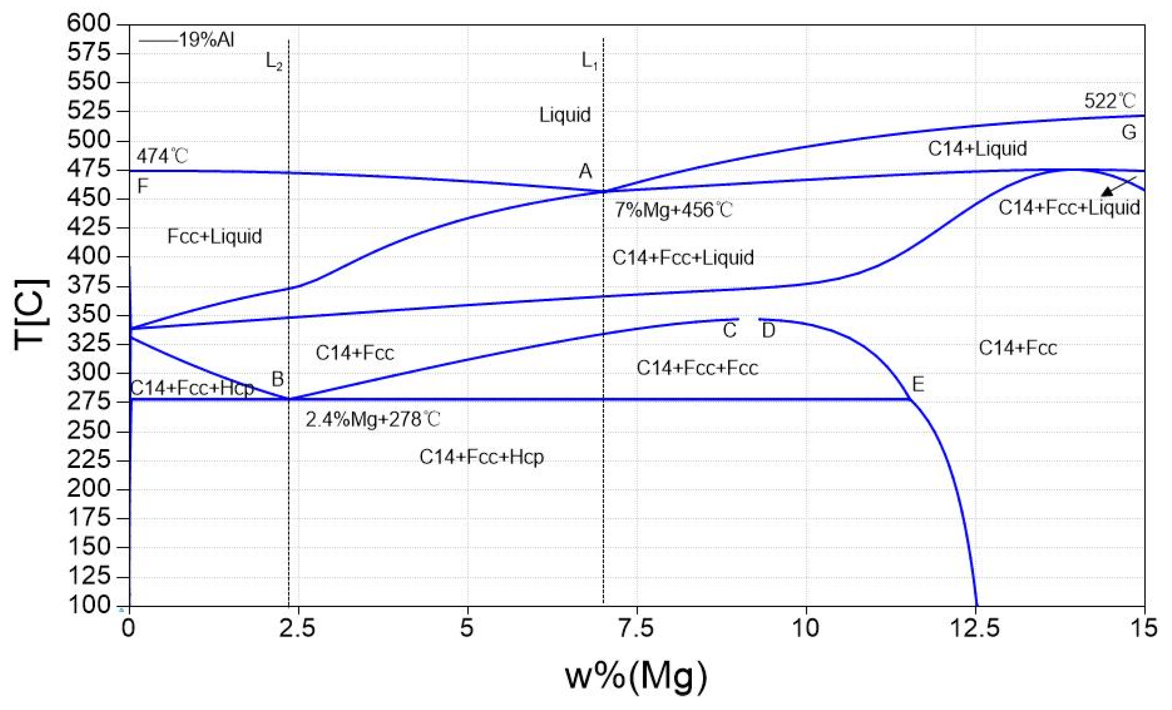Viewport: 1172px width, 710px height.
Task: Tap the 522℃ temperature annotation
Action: click(1109, 101)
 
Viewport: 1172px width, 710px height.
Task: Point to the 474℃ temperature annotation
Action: click(162, 156)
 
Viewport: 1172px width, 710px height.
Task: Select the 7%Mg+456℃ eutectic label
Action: click(673, 210)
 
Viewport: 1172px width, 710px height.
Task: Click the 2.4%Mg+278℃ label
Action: click(373, 420)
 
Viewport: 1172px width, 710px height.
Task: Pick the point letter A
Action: click(585, 171)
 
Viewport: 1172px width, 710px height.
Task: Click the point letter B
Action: click(277, 380)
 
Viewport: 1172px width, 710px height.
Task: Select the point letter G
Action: click(1129, 132)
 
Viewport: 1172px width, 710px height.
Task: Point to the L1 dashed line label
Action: click(589, 61)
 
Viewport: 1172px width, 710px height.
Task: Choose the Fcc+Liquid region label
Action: click(215, 236)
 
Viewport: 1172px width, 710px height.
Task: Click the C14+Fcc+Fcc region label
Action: click(697, 368)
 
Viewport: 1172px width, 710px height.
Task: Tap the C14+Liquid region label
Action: click(977, 149)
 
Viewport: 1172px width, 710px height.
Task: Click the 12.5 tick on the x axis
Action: click(975, 629)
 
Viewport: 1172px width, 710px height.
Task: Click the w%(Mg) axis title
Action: click(636, 676)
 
